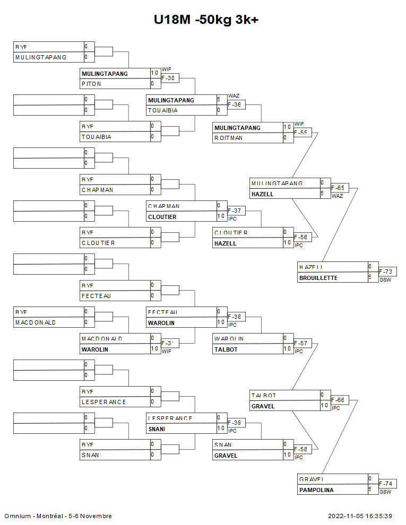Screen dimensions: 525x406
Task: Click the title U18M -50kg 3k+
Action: coord(206,20)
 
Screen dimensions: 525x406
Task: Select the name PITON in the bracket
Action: coord(91,84)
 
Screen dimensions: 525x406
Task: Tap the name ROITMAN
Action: coord(229,138)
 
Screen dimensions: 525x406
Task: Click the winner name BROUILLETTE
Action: coord(318,278)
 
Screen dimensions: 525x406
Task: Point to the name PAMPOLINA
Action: coord(316,490)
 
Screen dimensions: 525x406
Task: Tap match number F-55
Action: coord(301,133)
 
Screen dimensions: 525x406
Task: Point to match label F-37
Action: coord(235,211)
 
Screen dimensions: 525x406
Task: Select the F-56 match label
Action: coord(301,238)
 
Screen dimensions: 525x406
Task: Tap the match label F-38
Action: coord(235,317)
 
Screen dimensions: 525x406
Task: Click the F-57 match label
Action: coord(301,344)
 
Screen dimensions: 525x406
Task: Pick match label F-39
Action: coord(235,423)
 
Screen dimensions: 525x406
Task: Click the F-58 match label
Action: coord(301,450)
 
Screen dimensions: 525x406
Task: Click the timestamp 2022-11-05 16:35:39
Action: coord(360,516)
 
